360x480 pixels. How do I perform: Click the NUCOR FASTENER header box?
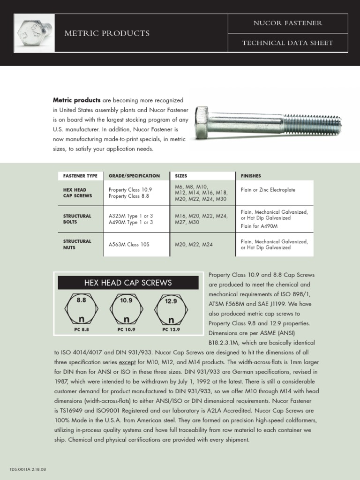pos(287,23)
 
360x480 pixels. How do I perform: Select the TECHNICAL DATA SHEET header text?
pos(287,43)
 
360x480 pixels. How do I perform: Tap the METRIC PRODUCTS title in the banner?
pos(107,33)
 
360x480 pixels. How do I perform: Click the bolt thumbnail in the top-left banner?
pos(34,33)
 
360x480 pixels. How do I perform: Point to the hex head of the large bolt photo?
pos(202,122)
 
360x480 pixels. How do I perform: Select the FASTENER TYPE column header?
pos(80,176)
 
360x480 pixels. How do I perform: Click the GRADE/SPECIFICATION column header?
pos(134,176)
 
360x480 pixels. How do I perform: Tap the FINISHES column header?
pos(251,176)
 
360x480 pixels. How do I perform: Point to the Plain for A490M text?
pos(259,226)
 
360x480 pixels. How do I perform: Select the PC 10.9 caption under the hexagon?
pos(126,330)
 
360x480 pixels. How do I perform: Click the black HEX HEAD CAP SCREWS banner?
pos(128,283)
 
